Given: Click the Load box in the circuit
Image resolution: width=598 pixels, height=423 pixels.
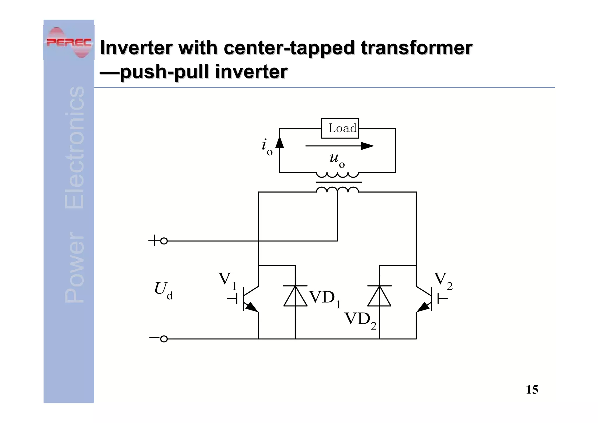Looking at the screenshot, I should click(340, 128).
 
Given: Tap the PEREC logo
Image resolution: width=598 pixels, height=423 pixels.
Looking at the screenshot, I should click(69, 43).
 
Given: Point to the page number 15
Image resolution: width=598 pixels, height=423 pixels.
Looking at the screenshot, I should click(532, 390).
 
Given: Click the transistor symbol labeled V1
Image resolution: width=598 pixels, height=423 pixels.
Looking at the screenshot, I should click(248, 299).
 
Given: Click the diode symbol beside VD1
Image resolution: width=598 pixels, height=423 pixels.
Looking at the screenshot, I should click(295, 296).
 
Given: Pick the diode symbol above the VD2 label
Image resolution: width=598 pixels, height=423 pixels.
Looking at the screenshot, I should click(379, 296).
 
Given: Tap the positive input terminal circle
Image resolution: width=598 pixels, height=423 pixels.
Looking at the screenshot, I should click(164, 241).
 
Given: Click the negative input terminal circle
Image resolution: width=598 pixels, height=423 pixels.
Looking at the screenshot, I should click(164, 339).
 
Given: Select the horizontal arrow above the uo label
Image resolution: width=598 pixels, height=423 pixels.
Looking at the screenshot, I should click(339, 146).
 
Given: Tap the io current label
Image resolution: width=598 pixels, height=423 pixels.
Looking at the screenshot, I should click(267, 147).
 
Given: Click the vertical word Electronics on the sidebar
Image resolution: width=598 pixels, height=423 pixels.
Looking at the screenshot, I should click(74, 148).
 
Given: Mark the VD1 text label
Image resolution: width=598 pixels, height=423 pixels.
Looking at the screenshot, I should click(324, 299).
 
